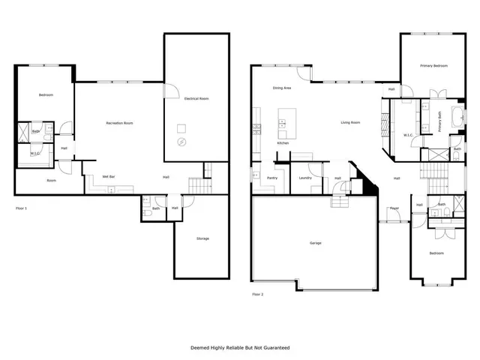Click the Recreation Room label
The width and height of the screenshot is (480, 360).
[119, 122]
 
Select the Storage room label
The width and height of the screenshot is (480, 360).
[202, 238]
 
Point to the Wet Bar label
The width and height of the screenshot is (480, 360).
[108, 177]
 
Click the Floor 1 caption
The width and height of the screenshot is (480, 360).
[21, 207]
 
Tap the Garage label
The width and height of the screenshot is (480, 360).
[316, 243]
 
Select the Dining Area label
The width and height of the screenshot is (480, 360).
[282, 88]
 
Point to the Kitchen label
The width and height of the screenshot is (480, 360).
[283, 142]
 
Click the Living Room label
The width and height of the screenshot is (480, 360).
[351, 122]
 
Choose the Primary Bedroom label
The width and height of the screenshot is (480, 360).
[433, 66]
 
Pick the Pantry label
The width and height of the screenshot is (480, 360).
[272, 178]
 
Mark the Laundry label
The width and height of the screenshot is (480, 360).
[304, 178]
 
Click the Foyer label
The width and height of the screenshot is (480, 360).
[393, 208]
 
